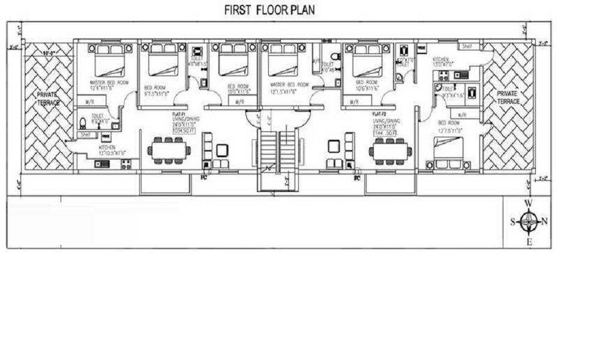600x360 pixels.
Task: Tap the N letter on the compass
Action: [x=544, y=221]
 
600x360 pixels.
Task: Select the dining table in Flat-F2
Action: [x=390, y=151]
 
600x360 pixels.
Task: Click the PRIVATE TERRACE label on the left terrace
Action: [x=48, y=99]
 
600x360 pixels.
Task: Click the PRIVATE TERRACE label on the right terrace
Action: [x=508, y=98]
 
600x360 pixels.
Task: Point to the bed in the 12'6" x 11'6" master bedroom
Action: [x=109, y=61]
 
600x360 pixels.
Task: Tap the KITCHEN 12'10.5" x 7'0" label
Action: [x=107, y=149]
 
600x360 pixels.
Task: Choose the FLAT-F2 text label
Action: [x=378, y=113]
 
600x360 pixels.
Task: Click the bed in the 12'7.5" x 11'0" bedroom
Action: [x=449, y=152]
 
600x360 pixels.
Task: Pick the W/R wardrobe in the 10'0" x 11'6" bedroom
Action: [x=239, y=102]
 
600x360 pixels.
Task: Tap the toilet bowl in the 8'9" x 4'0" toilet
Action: [x=83, y=124]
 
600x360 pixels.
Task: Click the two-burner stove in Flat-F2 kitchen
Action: [x=443, y=76]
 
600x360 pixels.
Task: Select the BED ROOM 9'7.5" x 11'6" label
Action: [x=157, y=90]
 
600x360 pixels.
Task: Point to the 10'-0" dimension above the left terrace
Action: [x=49, y=53]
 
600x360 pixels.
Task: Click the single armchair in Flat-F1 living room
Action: [x=223, y=150]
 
